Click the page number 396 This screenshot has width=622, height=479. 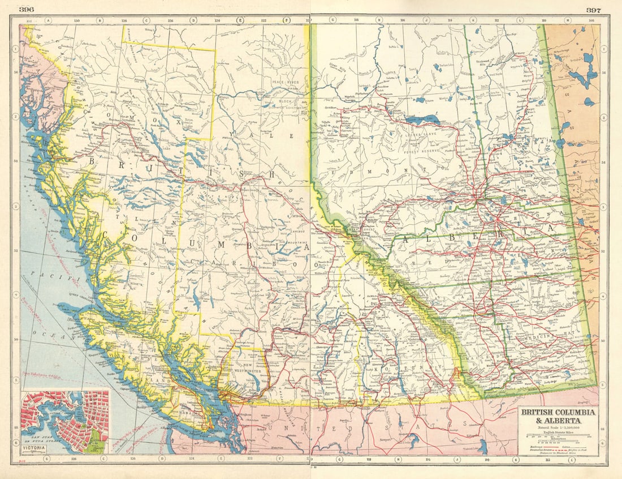point(27,10)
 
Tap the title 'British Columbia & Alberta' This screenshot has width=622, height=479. point(558,417)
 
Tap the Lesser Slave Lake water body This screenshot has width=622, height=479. point(418,121)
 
